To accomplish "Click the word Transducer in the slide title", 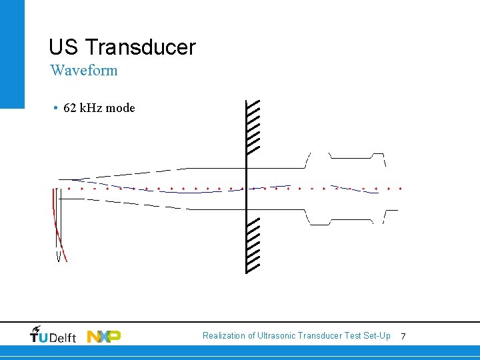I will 141,47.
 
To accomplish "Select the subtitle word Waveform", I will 84,70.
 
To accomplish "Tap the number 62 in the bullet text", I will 70,108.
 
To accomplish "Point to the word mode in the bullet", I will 121,108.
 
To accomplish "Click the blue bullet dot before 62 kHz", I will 53,108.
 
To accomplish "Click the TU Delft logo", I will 53,335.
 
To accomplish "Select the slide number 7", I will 403,337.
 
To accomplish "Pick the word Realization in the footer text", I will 224,336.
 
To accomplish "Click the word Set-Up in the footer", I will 376,336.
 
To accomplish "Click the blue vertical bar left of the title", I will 12,53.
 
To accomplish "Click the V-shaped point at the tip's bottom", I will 59,257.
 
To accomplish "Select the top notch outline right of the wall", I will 319,157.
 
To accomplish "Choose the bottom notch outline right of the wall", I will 319,219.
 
